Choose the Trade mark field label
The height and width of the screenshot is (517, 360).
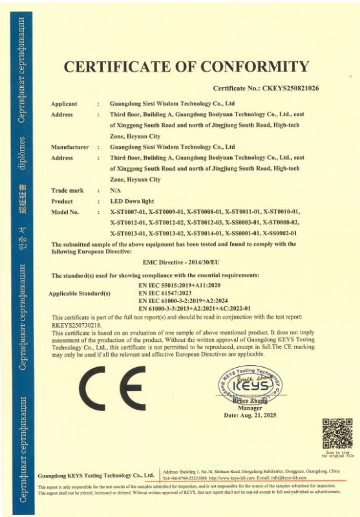click(67, 190)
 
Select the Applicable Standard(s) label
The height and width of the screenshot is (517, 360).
click(80, 293)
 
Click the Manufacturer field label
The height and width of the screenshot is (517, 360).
click(70, 147)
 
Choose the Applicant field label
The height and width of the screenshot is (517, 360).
click(64, 103)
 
